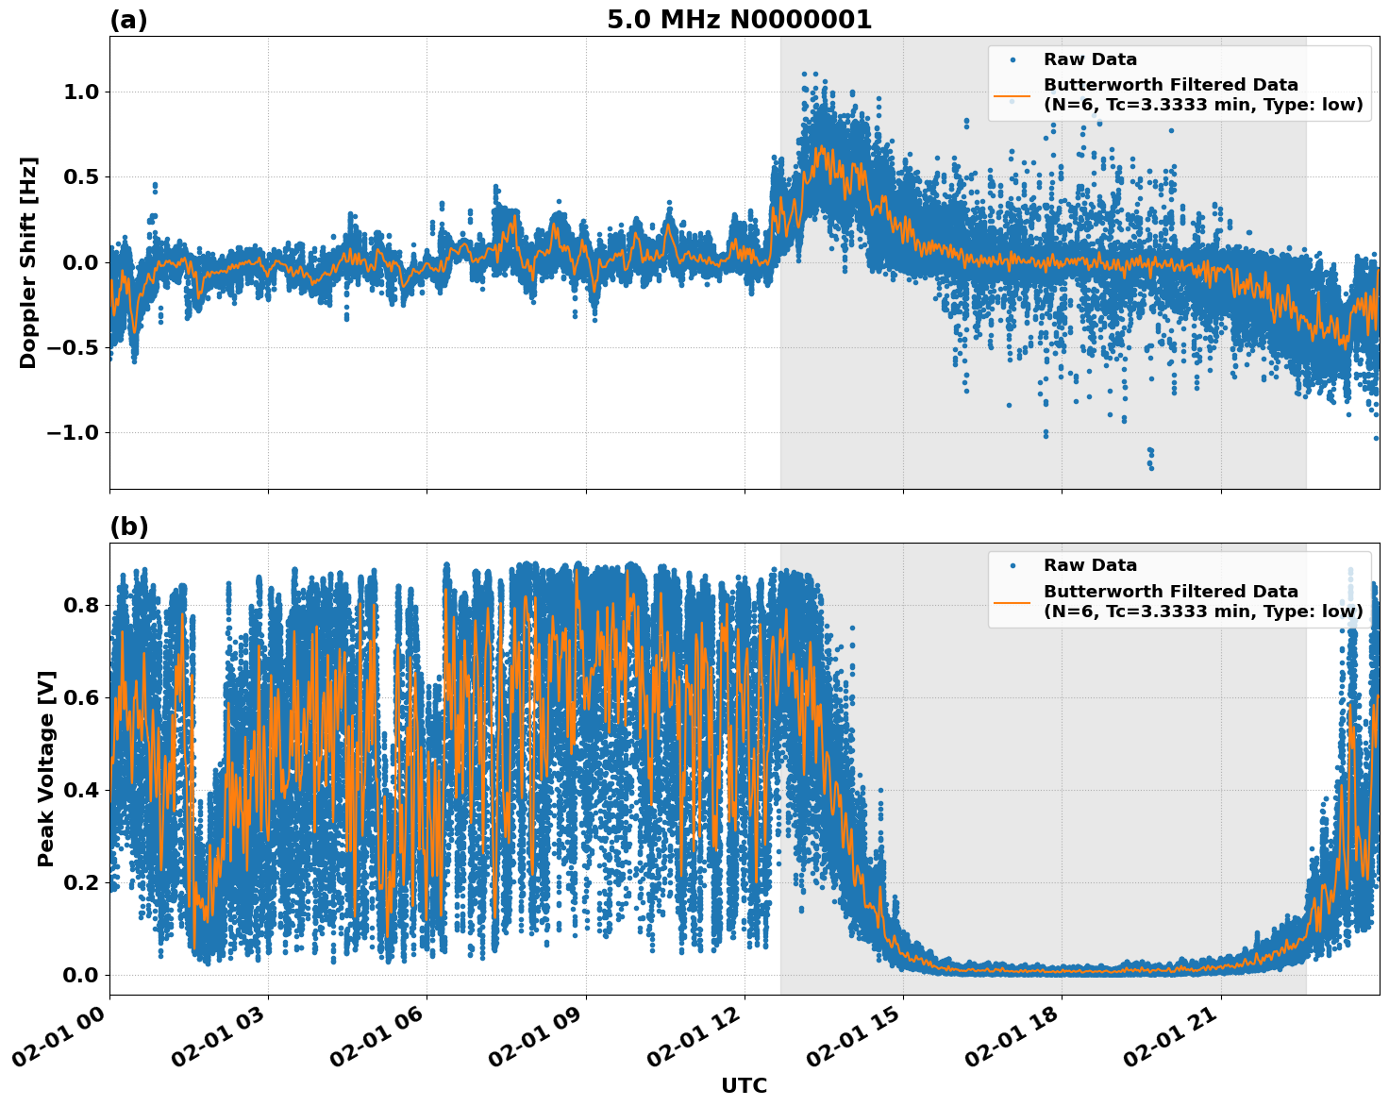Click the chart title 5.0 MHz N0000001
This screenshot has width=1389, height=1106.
point(739,20)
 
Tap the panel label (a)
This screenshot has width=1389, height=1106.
point(128,20)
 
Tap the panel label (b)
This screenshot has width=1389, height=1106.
point(129,527)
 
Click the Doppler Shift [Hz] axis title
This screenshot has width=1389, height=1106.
point(28,262)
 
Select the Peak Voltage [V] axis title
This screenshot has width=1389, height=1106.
point(46,768)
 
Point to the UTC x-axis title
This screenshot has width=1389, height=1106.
point(744,1085)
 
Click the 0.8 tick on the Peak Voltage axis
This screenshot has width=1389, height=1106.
point(80,605)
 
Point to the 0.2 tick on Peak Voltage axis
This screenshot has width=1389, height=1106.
point(80,883)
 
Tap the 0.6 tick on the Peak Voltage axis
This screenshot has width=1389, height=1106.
point(80,698)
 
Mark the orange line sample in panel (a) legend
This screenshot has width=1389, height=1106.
point(1012,94)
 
